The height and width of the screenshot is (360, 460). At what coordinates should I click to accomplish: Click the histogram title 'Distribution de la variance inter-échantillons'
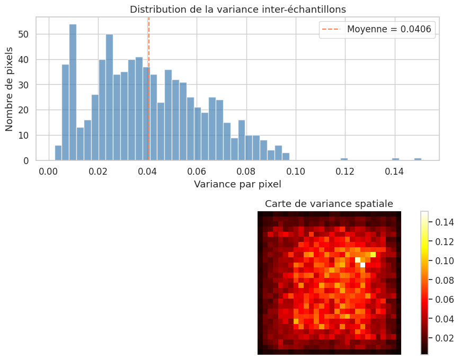[x=238, y=9]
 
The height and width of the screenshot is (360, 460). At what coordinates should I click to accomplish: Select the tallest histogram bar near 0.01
[x=73, y=92]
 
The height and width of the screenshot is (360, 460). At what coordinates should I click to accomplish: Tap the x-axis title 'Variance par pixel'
[x=238, y=184]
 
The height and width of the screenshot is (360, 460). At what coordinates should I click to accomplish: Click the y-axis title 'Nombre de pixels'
[x=10, y=88]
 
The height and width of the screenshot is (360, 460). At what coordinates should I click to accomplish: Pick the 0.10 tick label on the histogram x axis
[x=296, y=171]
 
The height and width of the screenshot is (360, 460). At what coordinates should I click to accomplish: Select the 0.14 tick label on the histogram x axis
[x=394, y=171]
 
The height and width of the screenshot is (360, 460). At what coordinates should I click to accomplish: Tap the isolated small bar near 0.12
[x=344, y=159]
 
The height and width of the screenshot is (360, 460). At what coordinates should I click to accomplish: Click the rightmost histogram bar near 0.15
[x=418, y=159]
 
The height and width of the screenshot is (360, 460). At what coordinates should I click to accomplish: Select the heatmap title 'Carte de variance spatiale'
[x=329, y=204]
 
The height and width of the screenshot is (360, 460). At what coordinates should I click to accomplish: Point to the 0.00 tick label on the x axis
[x=49, y=171]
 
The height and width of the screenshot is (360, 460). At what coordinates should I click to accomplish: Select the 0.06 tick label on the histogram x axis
[x=197, y=171]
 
